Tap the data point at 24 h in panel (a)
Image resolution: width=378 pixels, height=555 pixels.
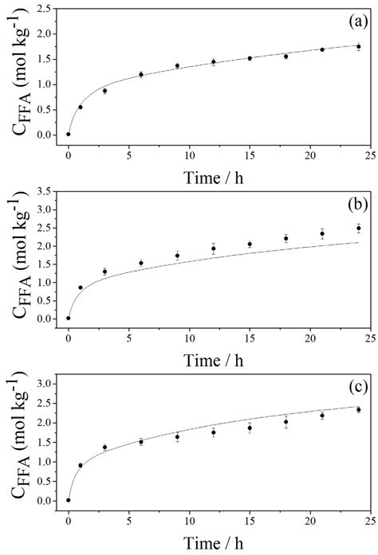(x=358, y=47)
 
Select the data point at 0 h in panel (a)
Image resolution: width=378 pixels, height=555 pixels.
(x=69, y=134)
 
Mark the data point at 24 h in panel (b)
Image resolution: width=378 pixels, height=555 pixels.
(x=358, y=229)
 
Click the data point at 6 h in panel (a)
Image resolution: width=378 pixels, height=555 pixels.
(x=141, y=75)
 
